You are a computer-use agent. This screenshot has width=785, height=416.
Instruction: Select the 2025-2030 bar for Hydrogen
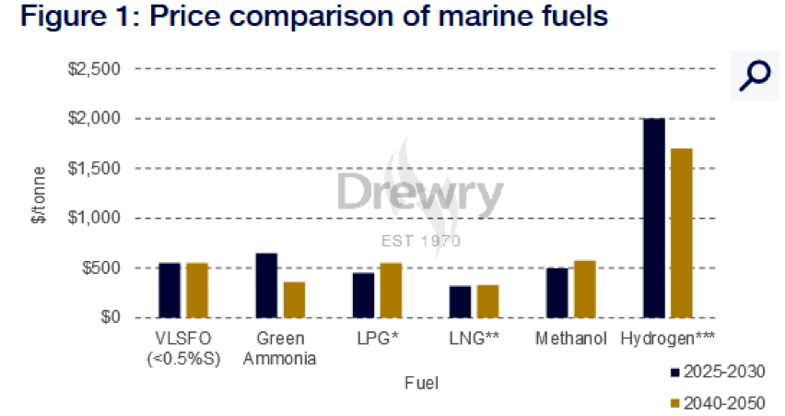(654, 218)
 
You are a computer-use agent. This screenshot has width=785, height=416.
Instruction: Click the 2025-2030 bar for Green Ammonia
(266, 285)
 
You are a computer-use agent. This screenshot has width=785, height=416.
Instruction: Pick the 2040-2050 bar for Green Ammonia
(294, 300)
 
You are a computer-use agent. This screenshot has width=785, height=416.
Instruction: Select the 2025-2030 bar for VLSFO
(170, 291)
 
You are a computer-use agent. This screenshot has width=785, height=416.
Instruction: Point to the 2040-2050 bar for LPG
(392, 291)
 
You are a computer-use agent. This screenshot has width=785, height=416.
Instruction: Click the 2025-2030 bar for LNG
(461, 302)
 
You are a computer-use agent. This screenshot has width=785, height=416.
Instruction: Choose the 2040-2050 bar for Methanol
(585, 289)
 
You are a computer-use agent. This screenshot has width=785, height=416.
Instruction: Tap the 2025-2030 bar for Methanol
(557, 292)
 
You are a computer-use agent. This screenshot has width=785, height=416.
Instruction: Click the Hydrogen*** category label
(668, 339)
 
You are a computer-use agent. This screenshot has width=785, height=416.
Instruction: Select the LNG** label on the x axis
(475, 339)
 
